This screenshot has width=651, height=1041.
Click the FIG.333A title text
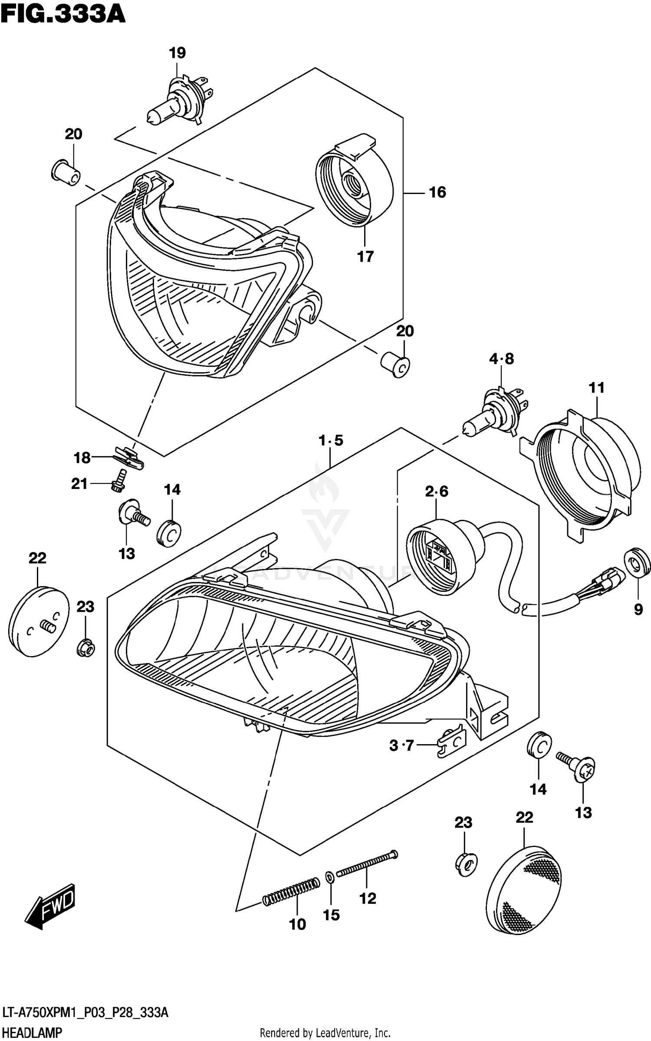[63, 14]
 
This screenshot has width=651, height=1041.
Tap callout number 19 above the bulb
[177, 53]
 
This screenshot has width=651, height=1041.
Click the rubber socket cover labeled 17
[354, 182]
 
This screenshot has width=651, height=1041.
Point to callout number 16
[437, 192]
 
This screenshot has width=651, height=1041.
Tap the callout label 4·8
[501, 359]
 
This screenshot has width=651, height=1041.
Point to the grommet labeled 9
[637, 565]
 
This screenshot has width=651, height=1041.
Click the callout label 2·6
[436, 491]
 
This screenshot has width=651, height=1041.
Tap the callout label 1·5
[331, 440]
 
